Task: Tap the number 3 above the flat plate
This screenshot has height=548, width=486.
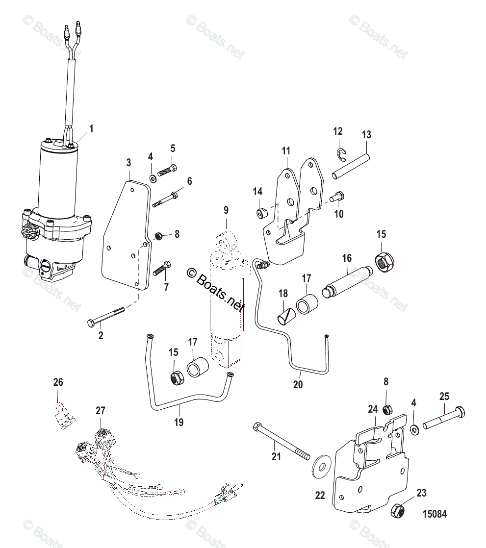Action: pos(128,163)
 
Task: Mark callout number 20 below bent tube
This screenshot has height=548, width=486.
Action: pos(297,385)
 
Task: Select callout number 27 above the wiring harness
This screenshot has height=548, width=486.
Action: pos(100,410)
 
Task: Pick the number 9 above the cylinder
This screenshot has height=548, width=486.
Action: pos(226,210)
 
